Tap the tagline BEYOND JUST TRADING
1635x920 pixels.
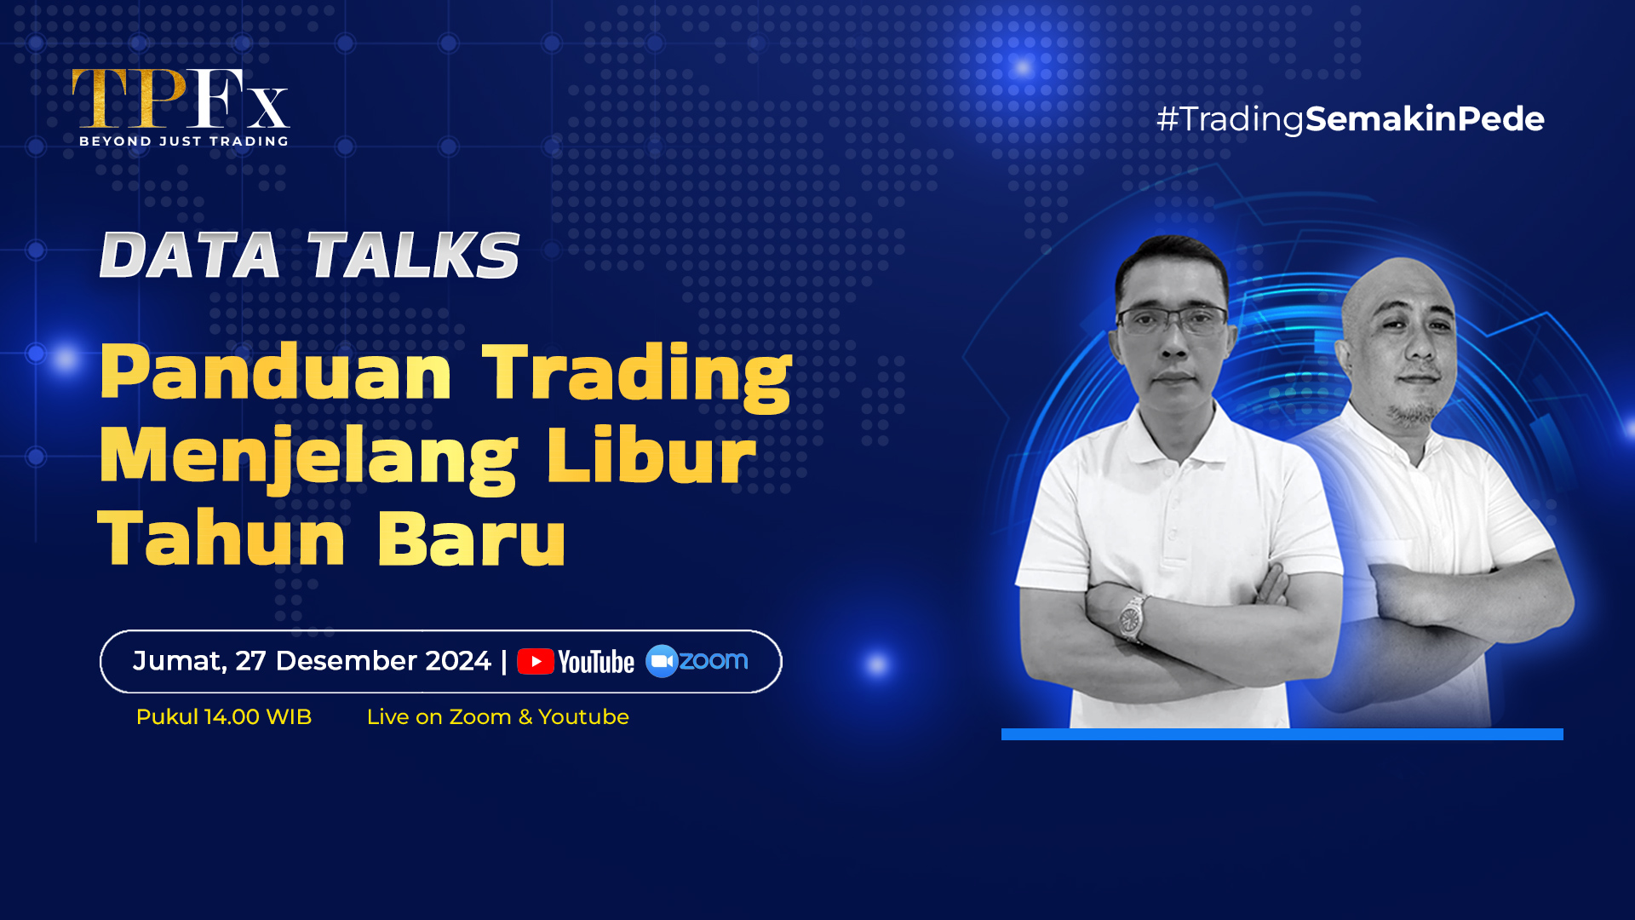tap(184, 141)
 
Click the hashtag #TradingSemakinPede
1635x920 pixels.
tap(1351, 119)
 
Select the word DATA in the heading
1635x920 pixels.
tap(190, 255)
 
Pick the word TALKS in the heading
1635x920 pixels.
tap(413, 255)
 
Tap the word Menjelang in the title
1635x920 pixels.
tap(308, 457)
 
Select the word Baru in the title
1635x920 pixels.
tap(471, 538)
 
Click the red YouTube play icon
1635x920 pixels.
tap(536, 662)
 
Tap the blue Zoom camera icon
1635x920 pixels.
tap(662, 661)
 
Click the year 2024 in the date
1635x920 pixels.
tap(458, 661)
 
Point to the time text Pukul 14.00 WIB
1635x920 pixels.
tap(224, 717)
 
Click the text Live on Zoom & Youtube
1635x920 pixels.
tap(498, 717)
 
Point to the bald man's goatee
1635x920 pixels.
tap(1414, 414)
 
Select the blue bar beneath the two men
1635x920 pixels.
tap(1282, 734)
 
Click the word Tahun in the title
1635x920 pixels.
tap(221, 538)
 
